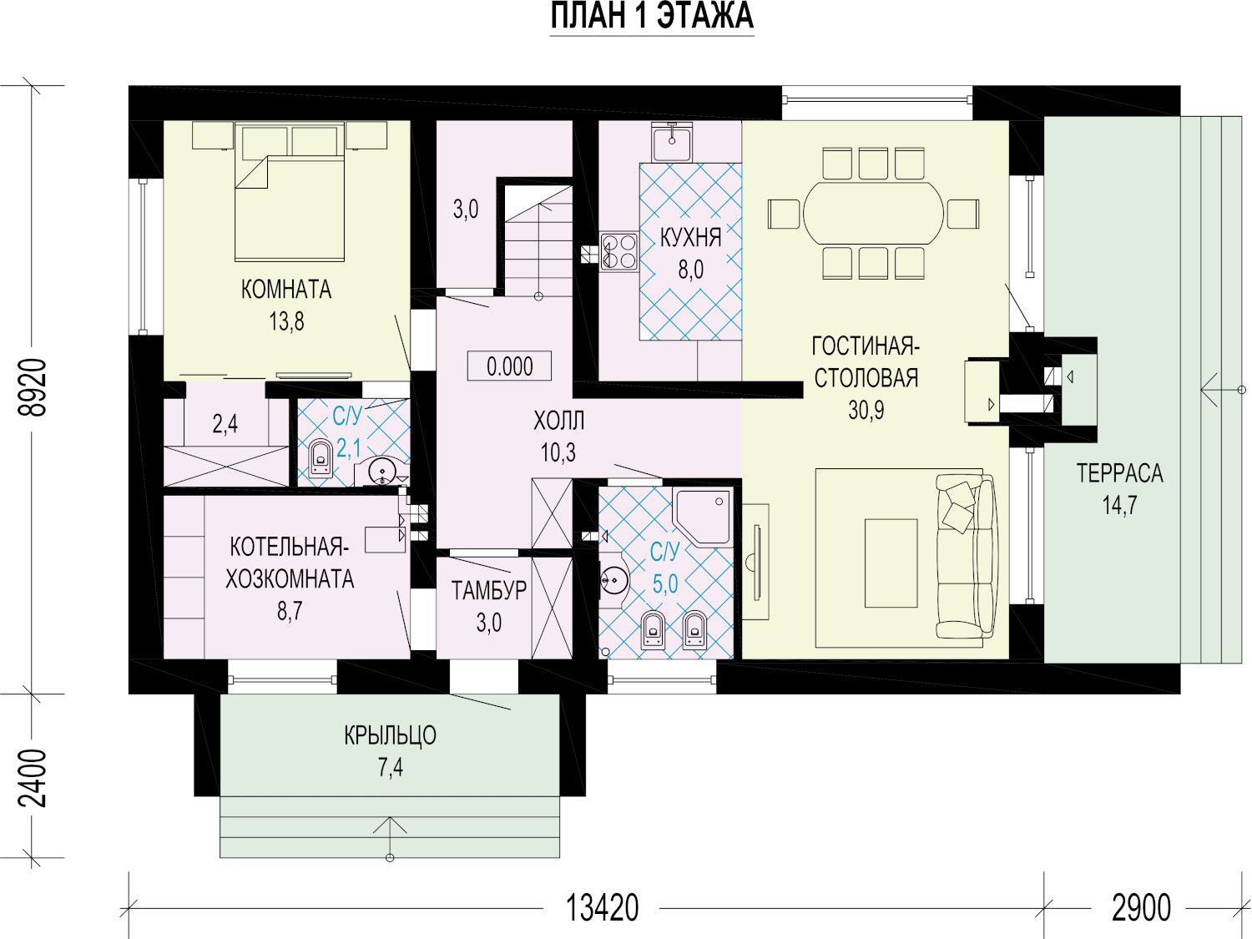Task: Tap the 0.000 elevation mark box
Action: coord(509,366)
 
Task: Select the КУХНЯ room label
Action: coord(691,238)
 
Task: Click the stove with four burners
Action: coord(619,251)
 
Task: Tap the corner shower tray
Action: coord(703,517)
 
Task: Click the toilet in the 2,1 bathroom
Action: coord(321,458)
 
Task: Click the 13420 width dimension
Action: coord(602,907)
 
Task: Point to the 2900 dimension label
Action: coord(1141,907)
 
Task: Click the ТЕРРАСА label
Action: coord(1119,473)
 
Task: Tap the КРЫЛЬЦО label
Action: coord(390,735)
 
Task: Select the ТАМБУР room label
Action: coord(489,591)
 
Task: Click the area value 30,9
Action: coord(866,409)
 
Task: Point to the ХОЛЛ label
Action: coord(558,422)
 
